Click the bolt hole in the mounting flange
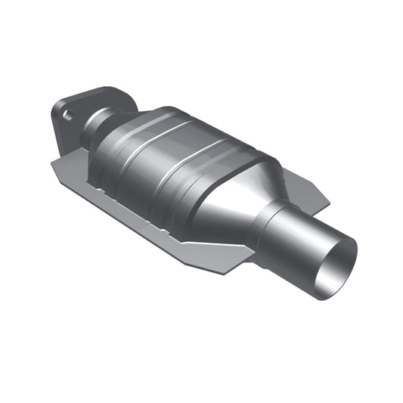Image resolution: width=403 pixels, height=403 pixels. click(68, 116)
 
